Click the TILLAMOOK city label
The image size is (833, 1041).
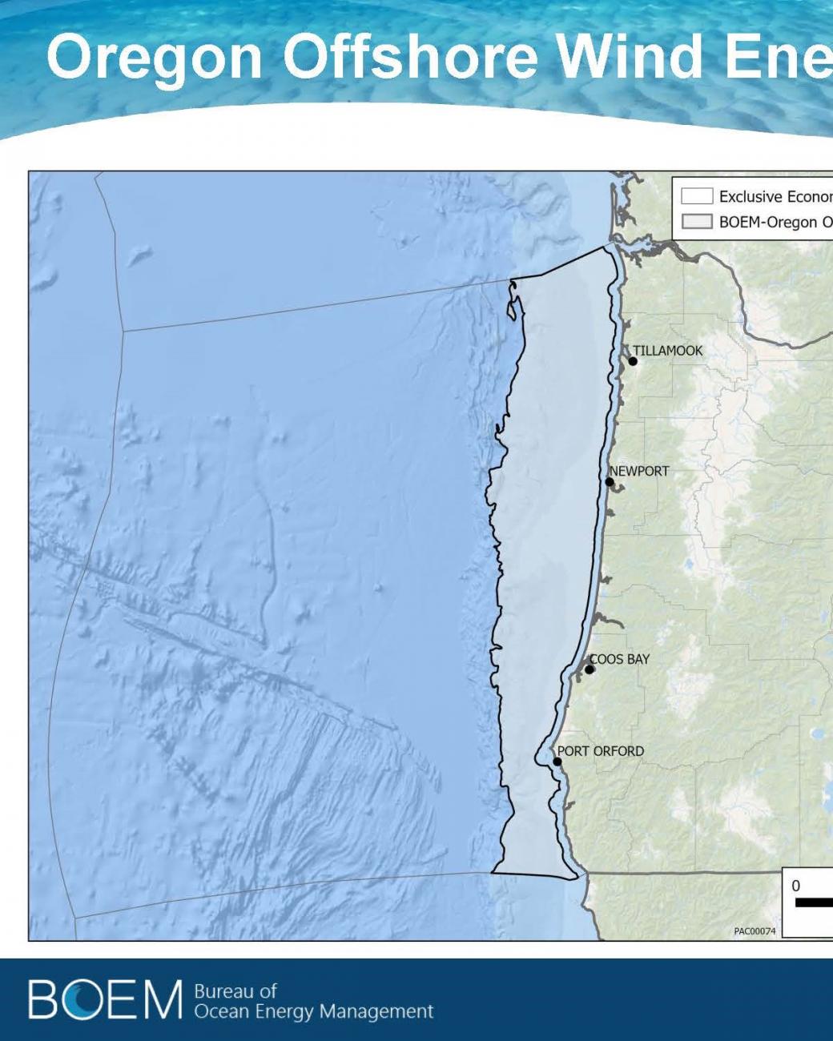point(667,351)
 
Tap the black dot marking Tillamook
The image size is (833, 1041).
point(633,361)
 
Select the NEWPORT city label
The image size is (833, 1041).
point(639,471)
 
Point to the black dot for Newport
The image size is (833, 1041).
point(610,482)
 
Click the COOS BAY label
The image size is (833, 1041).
point(619,659)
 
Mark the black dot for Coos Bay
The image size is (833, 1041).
point(590,669)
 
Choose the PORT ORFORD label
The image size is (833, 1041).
point(601,751)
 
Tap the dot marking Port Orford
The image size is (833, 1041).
point(557,762)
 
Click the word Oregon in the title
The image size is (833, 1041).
point(155,58)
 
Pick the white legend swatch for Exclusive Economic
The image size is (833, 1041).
point(697,196)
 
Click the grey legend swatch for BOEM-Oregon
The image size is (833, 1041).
point(697,222)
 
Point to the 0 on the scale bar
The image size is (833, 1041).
point(795,886)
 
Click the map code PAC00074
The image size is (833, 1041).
point(755,931)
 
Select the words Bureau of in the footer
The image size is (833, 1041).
point(235,991)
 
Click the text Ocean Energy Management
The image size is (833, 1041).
point(314,1012)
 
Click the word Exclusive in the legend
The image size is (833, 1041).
point(750,196)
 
